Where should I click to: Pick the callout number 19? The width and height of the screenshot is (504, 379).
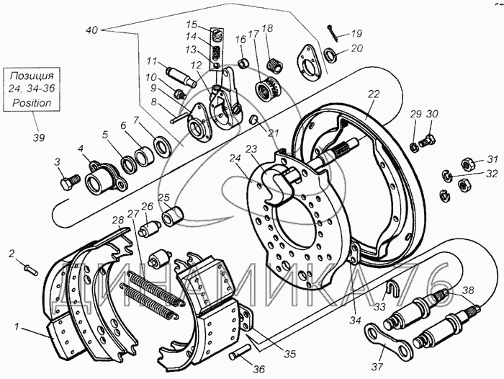click(x=357, y=33)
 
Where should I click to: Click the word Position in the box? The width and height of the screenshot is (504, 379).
click(x=32, y=102)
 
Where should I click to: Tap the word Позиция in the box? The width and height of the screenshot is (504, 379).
click(x=32, y=76)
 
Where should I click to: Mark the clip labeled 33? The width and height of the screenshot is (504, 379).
click(x=390, y=290)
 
